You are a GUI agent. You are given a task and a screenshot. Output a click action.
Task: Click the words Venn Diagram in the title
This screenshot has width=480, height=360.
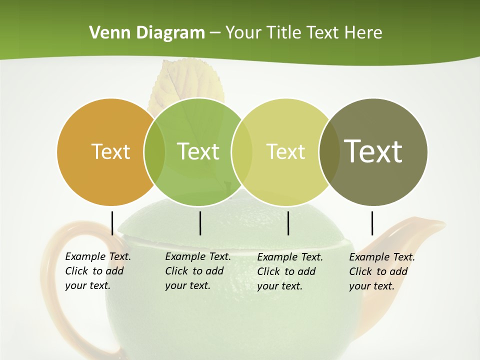pyautogui.click(x=147, y=33)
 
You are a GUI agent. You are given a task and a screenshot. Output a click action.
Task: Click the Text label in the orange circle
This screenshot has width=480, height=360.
pyautogui.click(x=110, y=151)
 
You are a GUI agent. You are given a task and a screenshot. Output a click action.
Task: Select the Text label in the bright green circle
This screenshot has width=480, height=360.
pyautogui.click(x=198, y=151)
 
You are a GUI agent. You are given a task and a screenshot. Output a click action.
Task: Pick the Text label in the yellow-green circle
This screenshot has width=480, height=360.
pyautogui.click(x=285, y=151)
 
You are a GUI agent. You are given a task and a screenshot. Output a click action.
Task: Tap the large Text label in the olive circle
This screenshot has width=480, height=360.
pyautogui.click(x=373, y=151)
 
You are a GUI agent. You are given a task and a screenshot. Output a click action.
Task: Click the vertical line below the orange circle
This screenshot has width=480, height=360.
pyautogui.click(x=112, y=223)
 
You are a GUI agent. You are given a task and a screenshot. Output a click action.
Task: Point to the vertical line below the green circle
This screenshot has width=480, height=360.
pyautogui.click(x=200, y=223)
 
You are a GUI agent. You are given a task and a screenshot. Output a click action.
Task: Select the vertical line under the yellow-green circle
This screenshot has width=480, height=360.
pyautogui.click(x=288, y=223)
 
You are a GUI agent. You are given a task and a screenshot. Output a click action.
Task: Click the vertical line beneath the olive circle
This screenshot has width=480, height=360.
pyautogui.click(x=372, y=223)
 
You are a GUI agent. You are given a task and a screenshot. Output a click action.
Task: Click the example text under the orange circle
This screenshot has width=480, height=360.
pyautogui.click(x=98, y=271)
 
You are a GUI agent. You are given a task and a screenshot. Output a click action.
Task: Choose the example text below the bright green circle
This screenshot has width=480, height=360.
pyautogui.click(x=198, y=271)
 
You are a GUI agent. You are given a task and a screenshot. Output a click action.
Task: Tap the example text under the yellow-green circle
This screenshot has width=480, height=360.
pyautogui.click(x=290, y=271)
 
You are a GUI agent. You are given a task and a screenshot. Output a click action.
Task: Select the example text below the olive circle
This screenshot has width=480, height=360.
pyautogui.click(x=382, y=271)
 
